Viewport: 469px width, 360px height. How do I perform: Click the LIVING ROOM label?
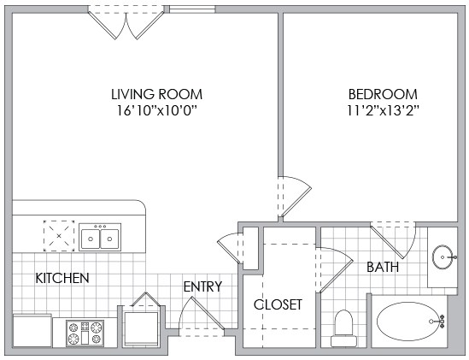click(156, 94)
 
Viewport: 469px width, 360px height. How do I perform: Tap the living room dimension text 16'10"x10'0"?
click(158, 111)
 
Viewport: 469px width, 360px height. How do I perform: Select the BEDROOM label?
click(383, 94)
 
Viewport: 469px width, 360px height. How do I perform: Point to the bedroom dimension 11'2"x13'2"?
click(383, 111)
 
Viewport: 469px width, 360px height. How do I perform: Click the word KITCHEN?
click(62, 278)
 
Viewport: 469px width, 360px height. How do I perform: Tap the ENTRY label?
click(202, 286)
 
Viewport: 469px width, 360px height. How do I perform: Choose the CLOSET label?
click(278, 304)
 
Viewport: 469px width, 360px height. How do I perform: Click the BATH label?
click(383, 267)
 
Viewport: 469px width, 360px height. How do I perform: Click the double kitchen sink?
click(100, 237)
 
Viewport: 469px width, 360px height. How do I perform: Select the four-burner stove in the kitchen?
click(85, 333)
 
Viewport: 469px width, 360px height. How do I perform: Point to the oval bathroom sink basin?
click(443, 257)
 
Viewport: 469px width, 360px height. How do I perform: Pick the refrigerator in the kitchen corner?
click(32, 330)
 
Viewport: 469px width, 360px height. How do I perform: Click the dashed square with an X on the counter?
click(59, 236)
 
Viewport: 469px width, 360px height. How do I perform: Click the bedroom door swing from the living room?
click(295, 196)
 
